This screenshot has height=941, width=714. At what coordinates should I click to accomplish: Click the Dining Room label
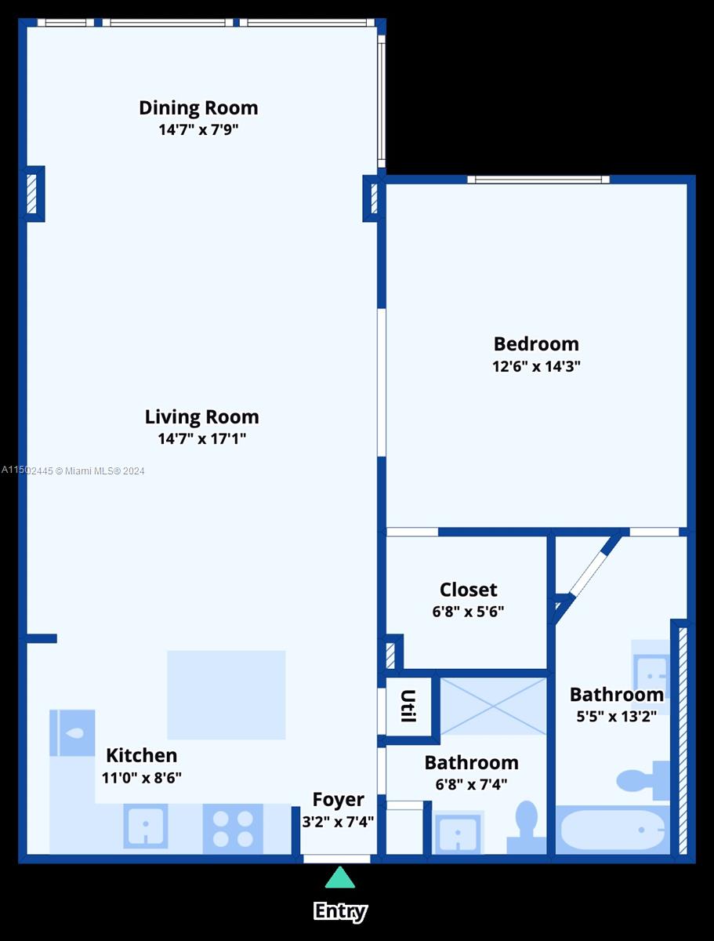click(x=198, y=107)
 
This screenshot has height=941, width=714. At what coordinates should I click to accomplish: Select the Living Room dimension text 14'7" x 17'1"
click(x=201, y=438)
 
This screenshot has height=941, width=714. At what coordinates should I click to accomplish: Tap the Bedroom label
click(x=536, y=343)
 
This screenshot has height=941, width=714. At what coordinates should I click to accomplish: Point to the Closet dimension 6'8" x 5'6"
click(x=468, y=611)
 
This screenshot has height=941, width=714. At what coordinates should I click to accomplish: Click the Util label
click(x=408, y=706)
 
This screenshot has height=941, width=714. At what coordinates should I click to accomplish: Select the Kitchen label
click(x=142, y=755)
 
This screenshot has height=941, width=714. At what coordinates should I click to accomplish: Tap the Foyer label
click(x=338, y=799)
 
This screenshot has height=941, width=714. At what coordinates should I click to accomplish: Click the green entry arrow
click(x=339, y=877)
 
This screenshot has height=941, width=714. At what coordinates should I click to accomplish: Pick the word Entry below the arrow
click(x=340, y=911)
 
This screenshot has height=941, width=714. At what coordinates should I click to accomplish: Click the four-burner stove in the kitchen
click(x=233, y=829)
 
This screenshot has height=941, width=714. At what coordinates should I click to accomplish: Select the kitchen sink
click(x=145, y=827)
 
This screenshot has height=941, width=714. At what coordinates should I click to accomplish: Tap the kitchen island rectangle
click(x=226, y=695)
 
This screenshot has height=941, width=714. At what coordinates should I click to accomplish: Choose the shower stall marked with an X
click(x=493, y=706)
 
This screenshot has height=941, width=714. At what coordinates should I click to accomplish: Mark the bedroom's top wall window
click(x=538, y=180)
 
